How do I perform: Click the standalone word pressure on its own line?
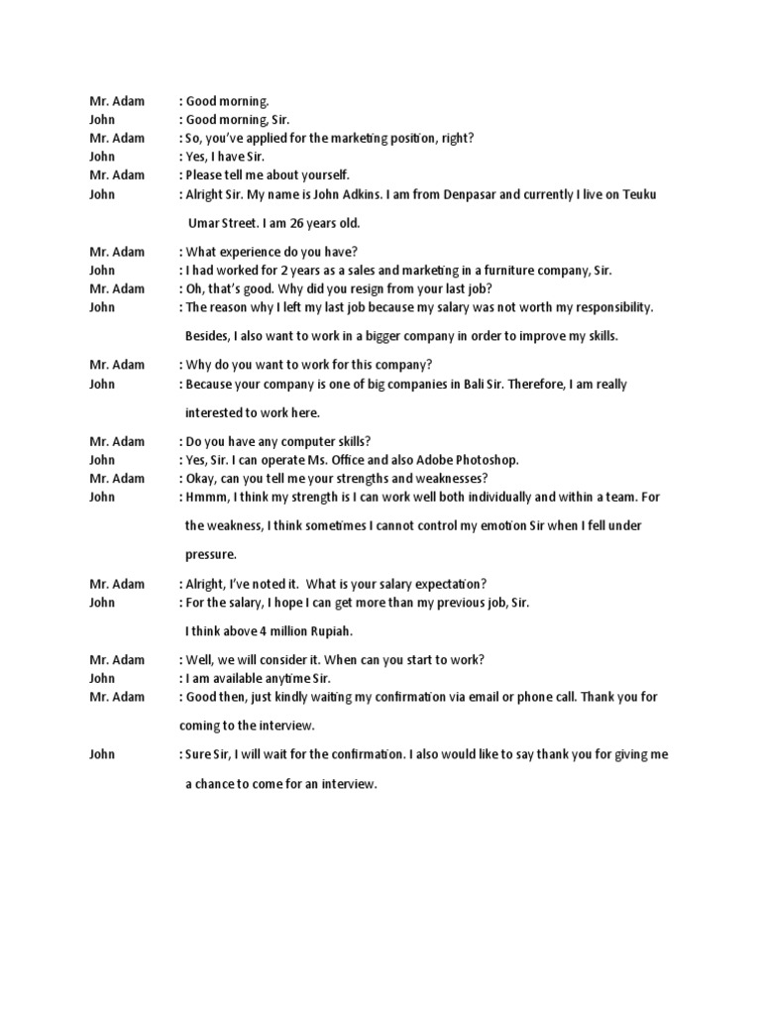point(210,554)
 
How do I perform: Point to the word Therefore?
point(528,384)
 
